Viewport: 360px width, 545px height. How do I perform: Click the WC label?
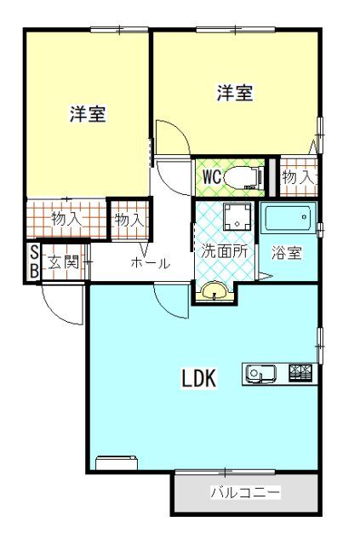point(212,177)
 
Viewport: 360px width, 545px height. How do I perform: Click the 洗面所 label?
point(224,251)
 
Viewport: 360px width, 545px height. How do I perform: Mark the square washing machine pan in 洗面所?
point(236,217)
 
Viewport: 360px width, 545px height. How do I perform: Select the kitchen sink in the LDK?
point(259,372)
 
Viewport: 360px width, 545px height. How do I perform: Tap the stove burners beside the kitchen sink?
point(301,372)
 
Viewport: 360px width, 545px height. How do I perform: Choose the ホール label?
point(150,263)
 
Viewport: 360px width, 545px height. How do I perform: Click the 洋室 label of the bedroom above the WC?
point(234,93)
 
